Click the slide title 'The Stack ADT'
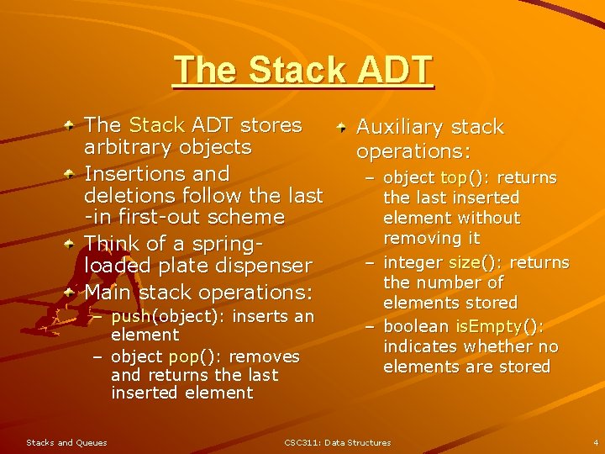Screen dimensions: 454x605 point(302,71)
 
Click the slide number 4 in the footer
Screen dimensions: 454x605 point(595,442)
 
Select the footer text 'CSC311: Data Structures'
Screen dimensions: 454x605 point(337,442)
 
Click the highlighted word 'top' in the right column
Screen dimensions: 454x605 point(454,178)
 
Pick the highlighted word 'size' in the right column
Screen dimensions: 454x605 point(465,262)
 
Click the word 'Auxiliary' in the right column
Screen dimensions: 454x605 point(398,128)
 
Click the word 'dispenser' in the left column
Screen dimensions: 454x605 point(265,266)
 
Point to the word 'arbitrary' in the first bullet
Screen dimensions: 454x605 point(124,147)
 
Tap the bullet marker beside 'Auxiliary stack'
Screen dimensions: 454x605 point(342,127)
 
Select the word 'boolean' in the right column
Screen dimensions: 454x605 point(417,326)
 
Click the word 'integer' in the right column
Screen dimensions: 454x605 point(413,262)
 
